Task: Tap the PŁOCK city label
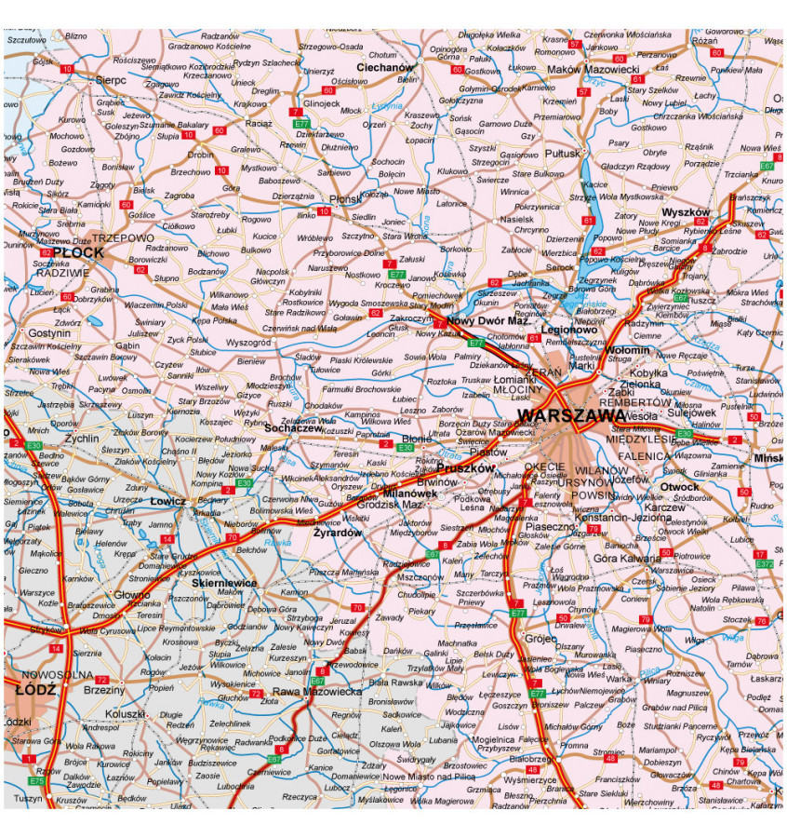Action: pyautogui.click(x=73, y=252)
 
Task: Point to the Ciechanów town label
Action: pyautogui.click(x=384, y=68)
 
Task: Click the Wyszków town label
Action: pyautogui.click(x=686, y=212)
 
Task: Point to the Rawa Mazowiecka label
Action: pyautogui.click(x=316, y=691)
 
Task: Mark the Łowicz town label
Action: pyautogui.click(x=169, y=501)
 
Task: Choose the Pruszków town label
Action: pyautogui.click(x=464, y=468)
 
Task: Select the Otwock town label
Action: pyautogui.click(x=679, y=487)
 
